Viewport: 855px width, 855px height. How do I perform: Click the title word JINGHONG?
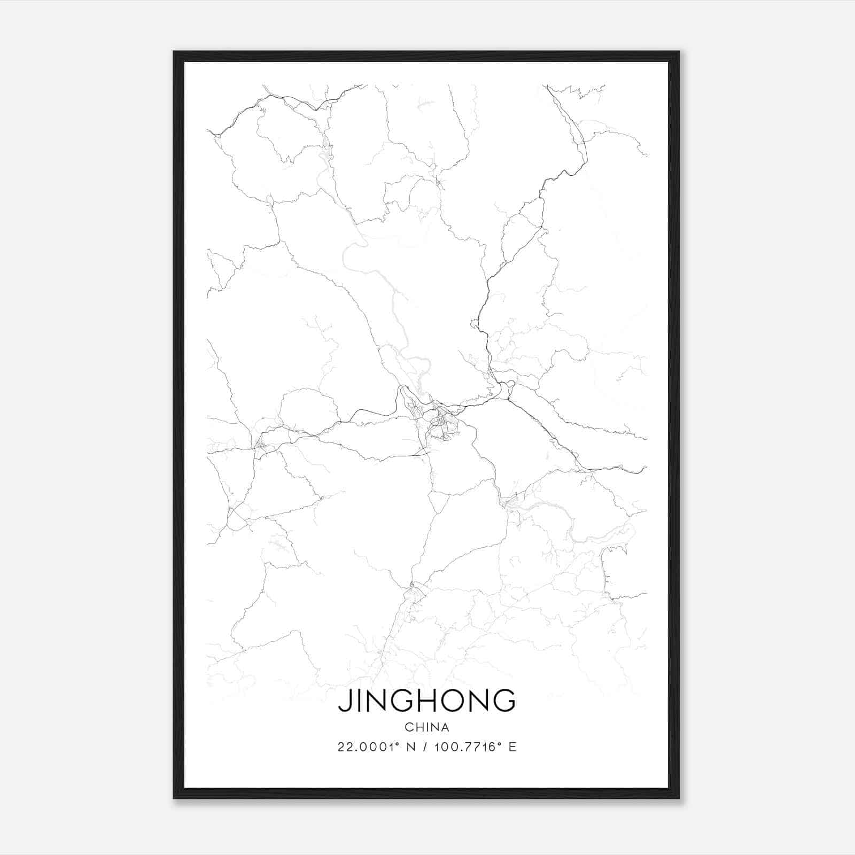[427, 701]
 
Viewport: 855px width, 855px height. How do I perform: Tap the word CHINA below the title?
[427, 727]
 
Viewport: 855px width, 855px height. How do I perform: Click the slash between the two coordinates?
[425, 747]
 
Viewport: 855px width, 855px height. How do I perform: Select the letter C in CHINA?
[408, 727]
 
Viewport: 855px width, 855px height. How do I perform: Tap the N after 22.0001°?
[411, 747]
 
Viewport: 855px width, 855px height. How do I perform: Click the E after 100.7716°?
[512, 747]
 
